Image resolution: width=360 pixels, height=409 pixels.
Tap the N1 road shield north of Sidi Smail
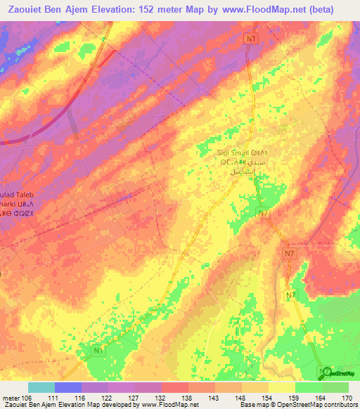tap(252, 40)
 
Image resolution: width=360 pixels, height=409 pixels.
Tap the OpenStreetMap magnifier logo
tap(324, 372)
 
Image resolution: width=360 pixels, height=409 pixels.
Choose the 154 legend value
tap(269, 398)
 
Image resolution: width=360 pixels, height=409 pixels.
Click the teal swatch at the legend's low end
tap(41, 387)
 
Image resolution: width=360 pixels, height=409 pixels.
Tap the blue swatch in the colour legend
tap(67, 387)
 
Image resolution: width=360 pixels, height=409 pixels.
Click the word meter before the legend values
tap(11, 398)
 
